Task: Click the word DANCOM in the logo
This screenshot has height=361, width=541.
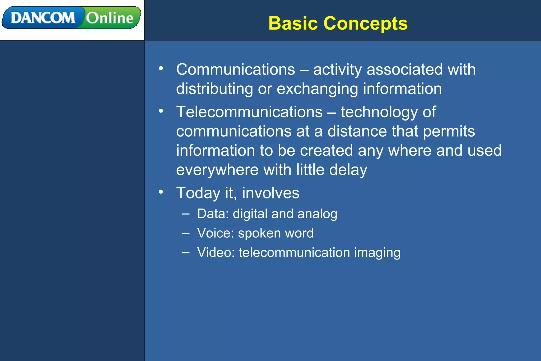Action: (43, 18)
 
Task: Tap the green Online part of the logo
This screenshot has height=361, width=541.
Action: (110, 18)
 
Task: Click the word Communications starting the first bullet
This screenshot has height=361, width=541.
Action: (235, 70)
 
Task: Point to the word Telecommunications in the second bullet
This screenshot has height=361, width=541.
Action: (249, 112)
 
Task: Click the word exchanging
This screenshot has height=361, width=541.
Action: (317, 89)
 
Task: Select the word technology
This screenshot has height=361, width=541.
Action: (379, 112)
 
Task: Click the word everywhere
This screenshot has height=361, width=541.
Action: (217, 170)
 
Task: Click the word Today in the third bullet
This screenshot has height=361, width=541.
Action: (198, 193)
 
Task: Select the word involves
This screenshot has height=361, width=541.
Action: (271, 193)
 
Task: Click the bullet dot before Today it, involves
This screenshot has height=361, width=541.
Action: (161, 192)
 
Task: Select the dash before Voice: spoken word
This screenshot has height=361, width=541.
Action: (186, 233)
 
